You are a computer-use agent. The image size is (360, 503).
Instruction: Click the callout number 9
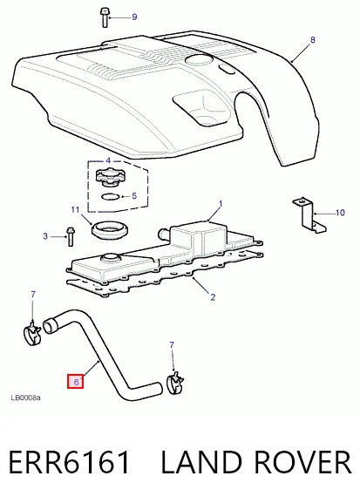[134, 17]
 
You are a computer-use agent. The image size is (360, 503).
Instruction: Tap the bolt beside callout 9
[105, 18]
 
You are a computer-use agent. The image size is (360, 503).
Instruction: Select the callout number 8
[313, 40]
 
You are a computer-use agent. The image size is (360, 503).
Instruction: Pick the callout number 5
[134, 195]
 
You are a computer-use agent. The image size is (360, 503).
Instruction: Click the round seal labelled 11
[110, 230]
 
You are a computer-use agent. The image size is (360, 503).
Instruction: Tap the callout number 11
[75, 210]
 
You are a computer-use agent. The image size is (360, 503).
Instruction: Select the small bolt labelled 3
[71, 236]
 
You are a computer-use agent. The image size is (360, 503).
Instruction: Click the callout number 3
[45, 236]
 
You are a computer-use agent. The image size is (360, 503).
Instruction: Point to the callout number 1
[221, 204]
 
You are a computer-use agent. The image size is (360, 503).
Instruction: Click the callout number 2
[213, 297]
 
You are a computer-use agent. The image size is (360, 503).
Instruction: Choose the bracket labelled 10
[309, 215]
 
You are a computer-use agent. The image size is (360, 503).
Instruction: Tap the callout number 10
[340, 213]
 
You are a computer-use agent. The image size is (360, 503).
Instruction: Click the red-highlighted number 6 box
[76, 382]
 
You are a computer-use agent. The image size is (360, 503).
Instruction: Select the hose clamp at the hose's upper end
[32, 333]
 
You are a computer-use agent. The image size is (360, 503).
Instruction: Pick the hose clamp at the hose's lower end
[175, 383]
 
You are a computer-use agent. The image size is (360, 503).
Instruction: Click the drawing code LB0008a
[25, 398]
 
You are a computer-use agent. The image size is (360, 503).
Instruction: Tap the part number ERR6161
[70, 462]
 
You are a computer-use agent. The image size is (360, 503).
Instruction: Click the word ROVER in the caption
[302, 462]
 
